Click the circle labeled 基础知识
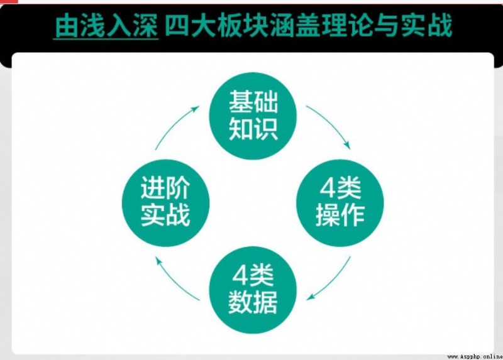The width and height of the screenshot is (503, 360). [x=253, y=116]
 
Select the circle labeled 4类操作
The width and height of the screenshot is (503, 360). [x=340, y=202]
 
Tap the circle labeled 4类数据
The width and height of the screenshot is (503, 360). [x=253, y=290]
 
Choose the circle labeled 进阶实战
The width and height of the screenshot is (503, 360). [x=165, y=202]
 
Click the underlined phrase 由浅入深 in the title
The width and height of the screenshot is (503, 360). [x=106, y=26]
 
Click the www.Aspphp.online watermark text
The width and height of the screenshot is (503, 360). [x=475, y=356]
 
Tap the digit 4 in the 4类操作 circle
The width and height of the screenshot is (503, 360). [x=327, y=188]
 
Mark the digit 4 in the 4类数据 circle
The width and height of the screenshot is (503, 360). [x=240, y=276]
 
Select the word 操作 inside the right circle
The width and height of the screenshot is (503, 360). [x=340, y=215]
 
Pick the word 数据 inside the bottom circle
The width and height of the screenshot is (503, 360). [x=253, y=302]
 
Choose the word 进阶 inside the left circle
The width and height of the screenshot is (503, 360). [x=165, y=188]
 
